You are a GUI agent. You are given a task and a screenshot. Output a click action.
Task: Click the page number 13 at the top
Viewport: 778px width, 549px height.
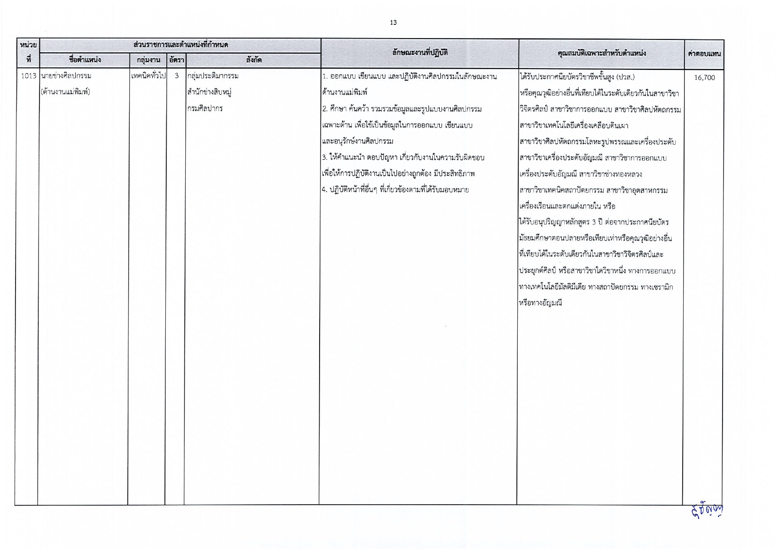[393, 23]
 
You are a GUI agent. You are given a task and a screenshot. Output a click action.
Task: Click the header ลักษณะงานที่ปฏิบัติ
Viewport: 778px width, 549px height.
[419, 53]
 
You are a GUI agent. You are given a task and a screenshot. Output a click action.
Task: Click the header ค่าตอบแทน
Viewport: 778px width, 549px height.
[704, 54]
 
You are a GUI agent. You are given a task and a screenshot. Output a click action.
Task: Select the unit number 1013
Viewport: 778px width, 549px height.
[28, 76]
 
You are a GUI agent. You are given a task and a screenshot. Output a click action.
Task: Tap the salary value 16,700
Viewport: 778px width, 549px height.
[704, 77]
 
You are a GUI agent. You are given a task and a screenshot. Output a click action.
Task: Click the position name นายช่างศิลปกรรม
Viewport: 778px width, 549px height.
[66, 76]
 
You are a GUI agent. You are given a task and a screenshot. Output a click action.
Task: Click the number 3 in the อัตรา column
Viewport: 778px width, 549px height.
[176, 76]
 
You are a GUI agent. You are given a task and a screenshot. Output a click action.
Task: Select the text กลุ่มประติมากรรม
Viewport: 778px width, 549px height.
[213, 76]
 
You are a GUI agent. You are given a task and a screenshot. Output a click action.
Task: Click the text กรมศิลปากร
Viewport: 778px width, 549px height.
[205, 108]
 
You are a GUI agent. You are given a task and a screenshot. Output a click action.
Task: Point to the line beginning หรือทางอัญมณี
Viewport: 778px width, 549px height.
[540, 304]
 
